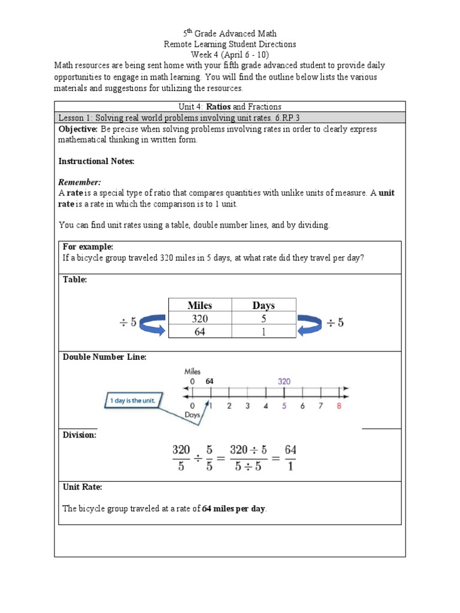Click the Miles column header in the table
coord(199,305)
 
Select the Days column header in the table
coord(264,305)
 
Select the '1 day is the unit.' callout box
coord(132,400)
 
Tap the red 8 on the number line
coord(340,406)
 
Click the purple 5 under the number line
coord(284,406)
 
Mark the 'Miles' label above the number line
coord(192,371)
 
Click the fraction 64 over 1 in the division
coord(290,457)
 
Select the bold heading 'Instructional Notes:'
coord(96,161)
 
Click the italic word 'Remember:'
coord(80,182)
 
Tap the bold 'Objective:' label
coord(78,129)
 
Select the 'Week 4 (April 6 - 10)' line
coord(230,54)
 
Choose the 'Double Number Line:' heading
coord(105,357)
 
